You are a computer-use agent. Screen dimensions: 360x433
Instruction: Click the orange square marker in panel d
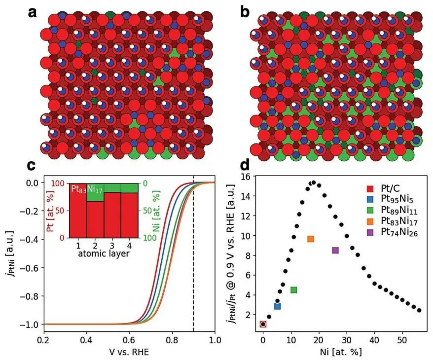[311, 239]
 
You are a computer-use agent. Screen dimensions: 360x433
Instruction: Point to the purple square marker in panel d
[335, 250]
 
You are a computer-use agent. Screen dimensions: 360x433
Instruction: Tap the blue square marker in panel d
[277, 306]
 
